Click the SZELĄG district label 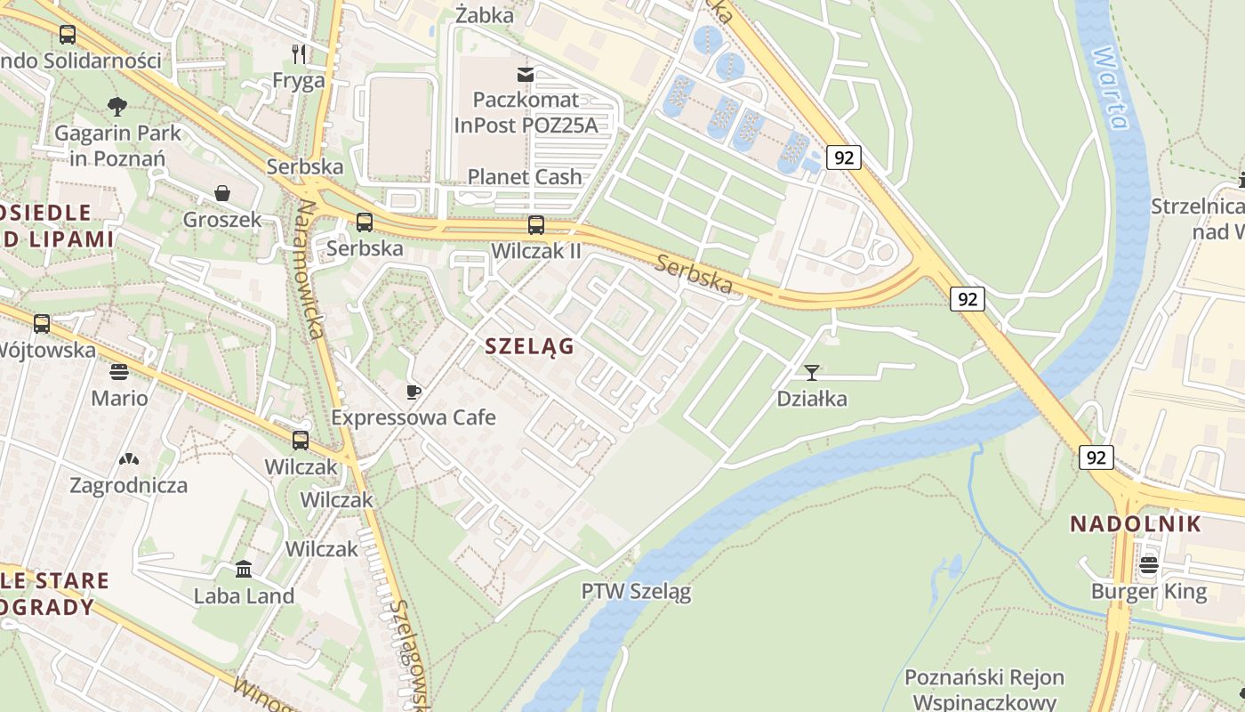[x=530, y=346]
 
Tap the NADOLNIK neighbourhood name [x=1135, y=523]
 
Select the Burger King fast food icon [x=1149, y=565]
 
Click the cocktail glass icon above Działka [x=811, y=372]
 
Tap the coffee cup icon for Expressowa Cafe [x=413, y=392]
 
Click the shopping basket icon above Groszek [x=221, y=193]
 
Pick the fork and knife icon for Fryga [x=299, y=54]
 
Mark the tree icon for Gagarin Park [x=117, y=107]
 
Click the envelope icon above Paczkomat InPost [x=526, y=74]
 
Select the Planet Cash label [x=525, y=176]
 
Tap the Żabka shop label [x=484, y=15]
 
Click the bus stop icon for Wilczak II [x=535, y=225]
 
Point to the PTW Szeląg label [x=636, y=591]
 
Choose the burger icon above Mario [x=119, y=371]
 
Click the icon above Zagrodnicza [x=128, y=459]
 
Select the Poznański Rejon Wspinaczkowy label [x=984, y=689]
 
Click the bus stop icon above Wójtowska [x=42, y=324]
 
